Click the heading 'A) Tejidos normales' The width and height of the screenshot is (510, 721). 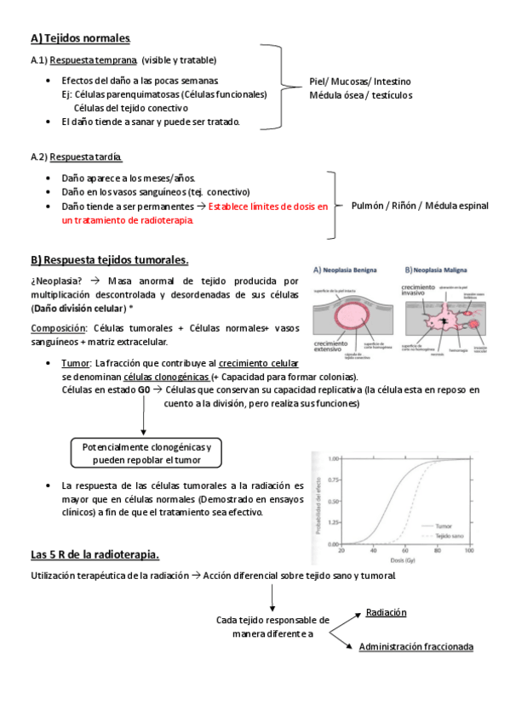point(80,38)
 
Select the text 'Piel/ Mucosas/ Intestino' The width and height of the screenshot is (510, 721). point(359,82)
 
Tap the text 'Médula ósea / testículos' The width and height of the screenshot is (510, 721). point(360,95)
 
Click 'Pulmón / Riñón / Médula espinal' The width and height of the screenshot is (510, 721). point(420,207)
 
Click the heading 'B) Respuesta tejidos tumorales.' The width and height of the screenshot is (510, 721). point(109,259)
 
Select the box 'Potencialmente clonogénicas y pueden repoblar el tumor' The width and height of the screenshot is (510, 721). point(146,453)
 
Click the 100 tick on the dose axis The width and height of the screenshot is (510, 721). point(469,551)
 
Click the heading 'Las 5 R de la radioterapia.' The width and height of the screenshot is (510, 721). point(95,555)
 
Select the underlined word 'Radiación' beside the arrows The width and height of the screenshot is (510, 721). point(386,612)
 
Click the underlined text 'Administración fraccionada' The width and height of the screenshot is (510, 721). point(415,647)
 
